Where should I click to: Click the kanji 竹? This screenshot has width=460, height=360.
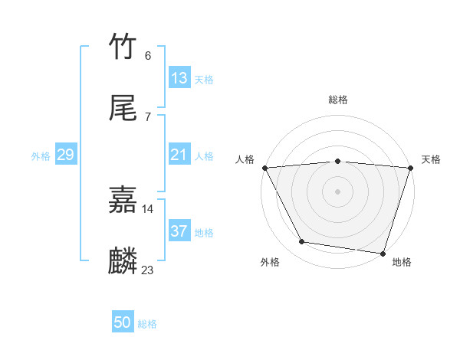[123, 47]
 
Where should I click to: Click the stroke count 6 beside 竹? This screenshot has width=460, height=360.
[147, 55]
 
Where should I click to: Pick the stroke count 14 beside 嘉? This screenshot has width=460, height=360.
[147, 208]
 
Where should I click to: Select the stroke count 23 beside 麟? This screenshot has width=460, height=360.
[147, 270]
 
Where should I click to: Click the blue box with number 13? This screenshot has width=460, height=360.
[179, 78]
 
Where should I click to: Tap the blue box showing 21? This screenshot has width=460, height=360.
[179, 155]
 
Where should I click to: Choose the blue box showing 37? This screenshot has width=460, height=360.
[179, 231]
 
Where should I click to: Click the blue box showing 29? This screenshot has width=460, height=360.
[65, 155]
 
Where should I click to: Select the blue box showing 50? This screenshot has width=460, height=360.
[123, 322]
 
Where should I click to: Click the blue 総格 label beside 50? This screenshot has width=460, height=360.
[147, 324]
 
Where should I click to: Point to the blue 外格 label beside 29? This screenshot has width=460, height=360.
[41, 156]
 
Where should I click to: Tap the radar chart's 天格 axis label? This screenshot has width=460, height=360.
[431, 159]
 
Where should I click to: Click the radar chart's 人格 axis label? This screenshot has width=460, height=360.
[245, 159]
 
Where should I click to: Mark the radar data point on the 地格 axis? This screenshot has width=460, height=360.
[383, 253]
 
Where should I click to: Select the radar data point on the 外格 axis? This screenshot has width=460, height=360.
[302, 242]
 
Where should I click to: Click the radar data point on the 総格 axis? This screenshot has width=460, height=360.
[337, 161]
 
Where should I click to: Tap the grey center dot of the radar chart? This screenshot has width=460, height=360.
[337, 191]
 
